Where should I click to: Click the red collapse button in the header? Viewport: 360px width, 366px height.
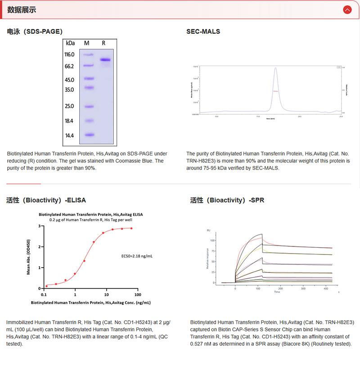tap(347, 9)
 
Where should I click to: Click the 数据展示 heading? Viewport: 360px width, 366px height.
tap(22, 10)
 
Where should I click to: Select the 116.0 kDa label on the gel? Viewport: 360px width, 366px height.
tap(69, 54)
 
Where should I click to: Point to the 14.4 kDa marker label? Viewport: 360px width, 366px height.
tap(69, 135)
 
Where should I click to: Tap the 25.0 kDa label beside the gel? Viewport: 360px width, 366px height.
tap(69, 106)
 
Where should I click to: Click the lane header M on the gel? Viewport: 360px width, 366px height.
tap(87, 43)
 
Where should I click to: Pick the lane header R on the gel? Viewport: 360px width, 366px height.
tap(103, 43)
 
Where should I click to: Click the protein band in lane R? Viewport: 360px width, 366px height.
tap(105, 60)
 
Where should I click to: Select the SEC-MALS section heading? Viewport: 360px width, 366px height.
tap(203, 31)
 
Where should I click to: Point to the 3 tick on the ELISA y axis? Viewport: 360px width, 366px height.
tap(40, 226)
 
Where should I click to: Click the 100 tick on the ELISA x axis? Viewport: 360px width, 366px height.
tap(138, 295)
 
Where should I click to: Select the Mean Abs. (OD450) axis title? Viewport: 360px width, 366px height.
tap(29, 256)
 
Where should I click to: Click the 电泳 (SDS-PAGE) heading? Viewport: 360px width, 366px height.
tap(35, 31)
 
